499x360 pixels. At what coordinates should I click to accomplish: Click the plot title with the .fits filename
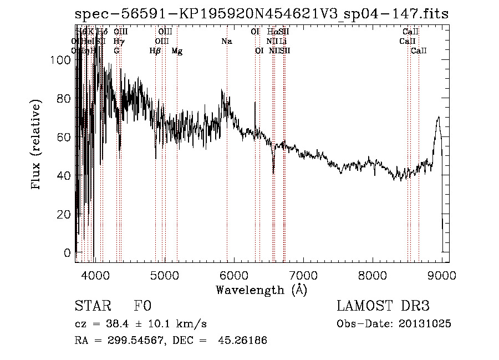click(261, 14)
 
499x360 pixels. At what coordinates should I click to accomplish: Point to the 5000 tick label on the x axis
click(164, 275)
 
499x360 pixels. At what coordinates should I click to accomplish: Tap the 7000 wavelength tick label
click(303, 275)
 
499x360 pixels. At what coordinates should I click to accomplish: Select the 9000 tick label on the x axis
click(442, 275)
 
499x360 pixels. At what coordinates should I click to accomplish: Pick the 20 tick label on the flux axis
click(65, 214)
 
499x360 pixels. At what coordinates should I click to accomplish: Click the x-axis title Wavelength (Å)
click(261, 290)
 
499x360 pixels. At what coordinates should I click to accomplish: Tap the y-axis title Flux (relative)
click(37, 145)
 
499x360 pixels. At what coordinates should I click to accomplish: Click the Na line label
click(226, 41)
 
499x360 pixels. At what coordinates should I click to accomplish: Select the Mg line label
click(177, 51)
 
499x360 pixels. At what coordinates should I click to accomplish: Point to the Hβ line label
click(155, 50)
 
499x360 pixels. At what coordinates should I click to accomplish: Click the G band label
click(116, 50)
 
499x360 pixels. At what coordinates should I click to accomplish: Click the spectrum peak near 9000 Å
click(439, 118)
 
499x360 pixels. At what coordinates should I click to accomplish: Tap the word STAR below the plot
click(91, 307)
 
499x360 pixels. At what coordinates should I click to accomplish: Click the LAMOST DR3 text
click(383, 307)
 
